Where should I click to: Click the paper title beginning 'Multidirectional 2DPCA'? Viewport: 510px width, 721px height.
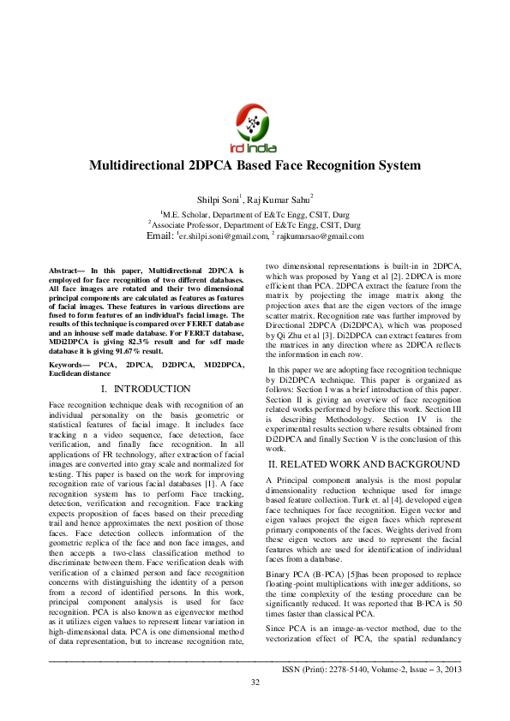point(255,165)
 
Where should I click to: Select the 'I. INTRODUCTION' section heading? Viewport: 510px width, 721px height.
point(147,389)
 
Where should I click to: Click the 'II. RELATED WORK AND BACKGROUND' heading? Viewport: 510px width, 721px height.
point(363,464)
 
